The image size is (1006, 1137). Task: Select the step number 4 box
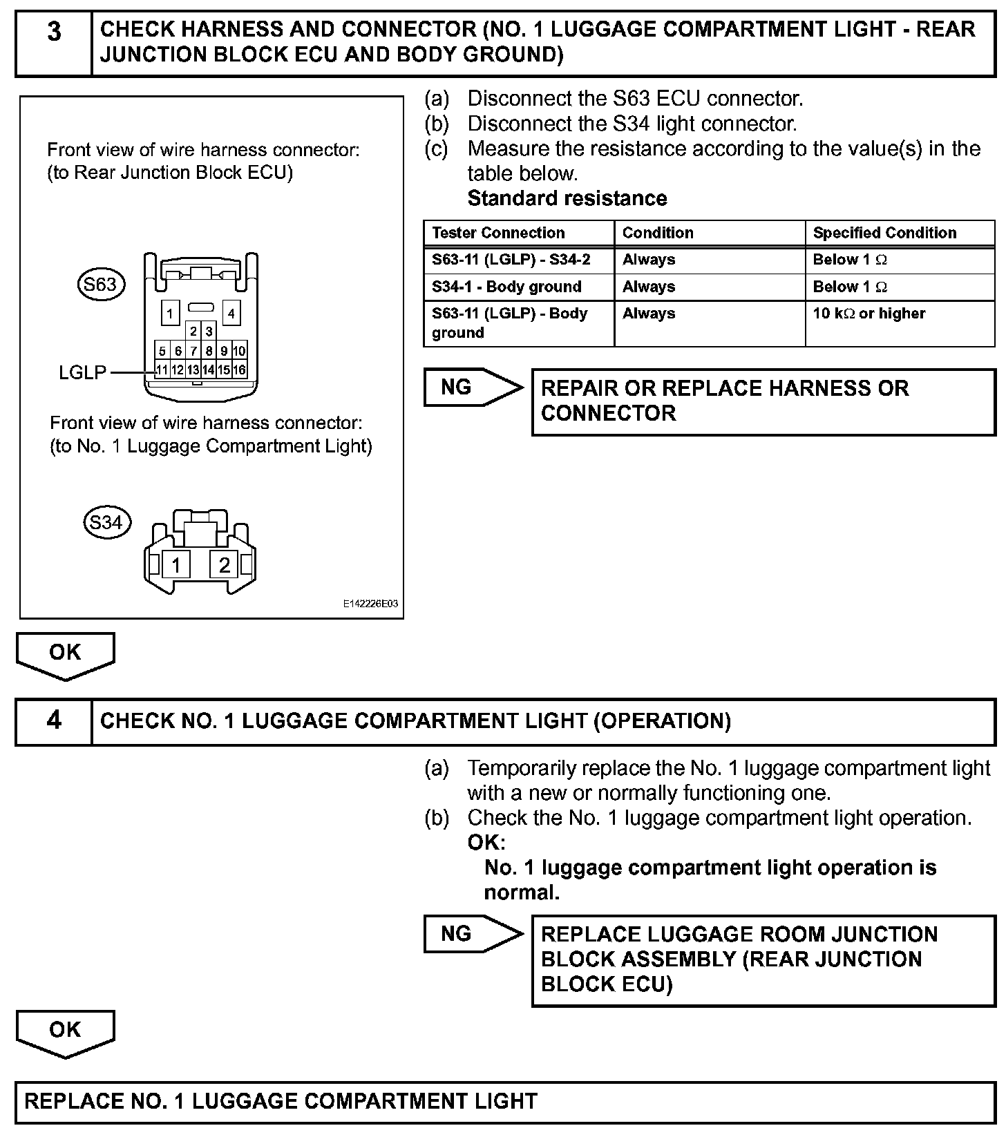click(x=54, y=722)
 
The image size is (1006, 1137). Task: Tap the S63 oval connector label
click(x=101, y=285)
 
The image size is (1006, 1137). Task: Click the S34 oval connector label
click(x=106, y=522)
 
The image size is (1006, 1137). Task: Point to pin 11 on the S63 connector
click(x=162, y=370)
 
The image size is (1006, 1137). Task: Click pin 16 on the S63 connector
click(x=239, y=370)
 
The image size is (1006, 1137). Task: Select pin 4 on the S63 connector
click(x=231, y=313)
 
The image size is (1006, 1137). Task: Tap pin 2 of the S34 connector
click(x=224, y=565)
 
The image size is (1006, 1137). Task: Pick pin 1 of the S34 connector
click(x=177, y=565)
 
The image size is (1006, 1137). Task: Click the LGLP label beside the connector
click(x=83, y=373)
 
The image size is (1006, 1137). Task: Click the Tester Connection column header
click(x=498, y=233)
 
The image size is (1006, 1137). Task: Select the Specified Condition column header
click(x=884, y=233)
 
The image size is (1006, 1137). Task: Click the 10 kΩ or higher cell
click(x=869, y=314)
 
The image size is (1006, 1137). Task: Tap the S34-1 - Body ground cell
click(x=506, y=287)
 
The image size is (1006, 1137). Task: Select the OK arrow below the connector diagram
click(x=65, y=654)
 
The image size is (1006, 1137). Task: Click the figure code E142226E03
click(x=370, y=604)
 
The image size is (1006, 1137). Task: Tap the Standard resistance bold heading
click(x=567, y=199)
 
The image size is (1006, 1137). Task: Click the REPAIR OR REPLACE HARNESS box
click(x=763, y=401)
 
